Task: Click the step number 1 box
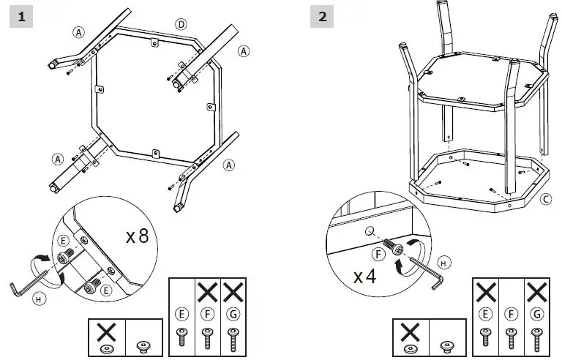tap(23, 17)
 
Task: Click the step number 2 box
tap(322, 17)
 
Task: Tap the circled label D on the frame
tap(181, 24)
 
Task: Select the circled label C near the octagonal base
tap(545, 198)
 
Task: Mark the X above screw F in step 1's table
tap(207, 292)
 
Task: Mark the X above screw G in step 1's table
tap(233, 292)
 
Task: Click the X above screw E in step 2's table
tap(485, 292)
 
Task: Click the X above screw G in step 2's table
tap(537, 292)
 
